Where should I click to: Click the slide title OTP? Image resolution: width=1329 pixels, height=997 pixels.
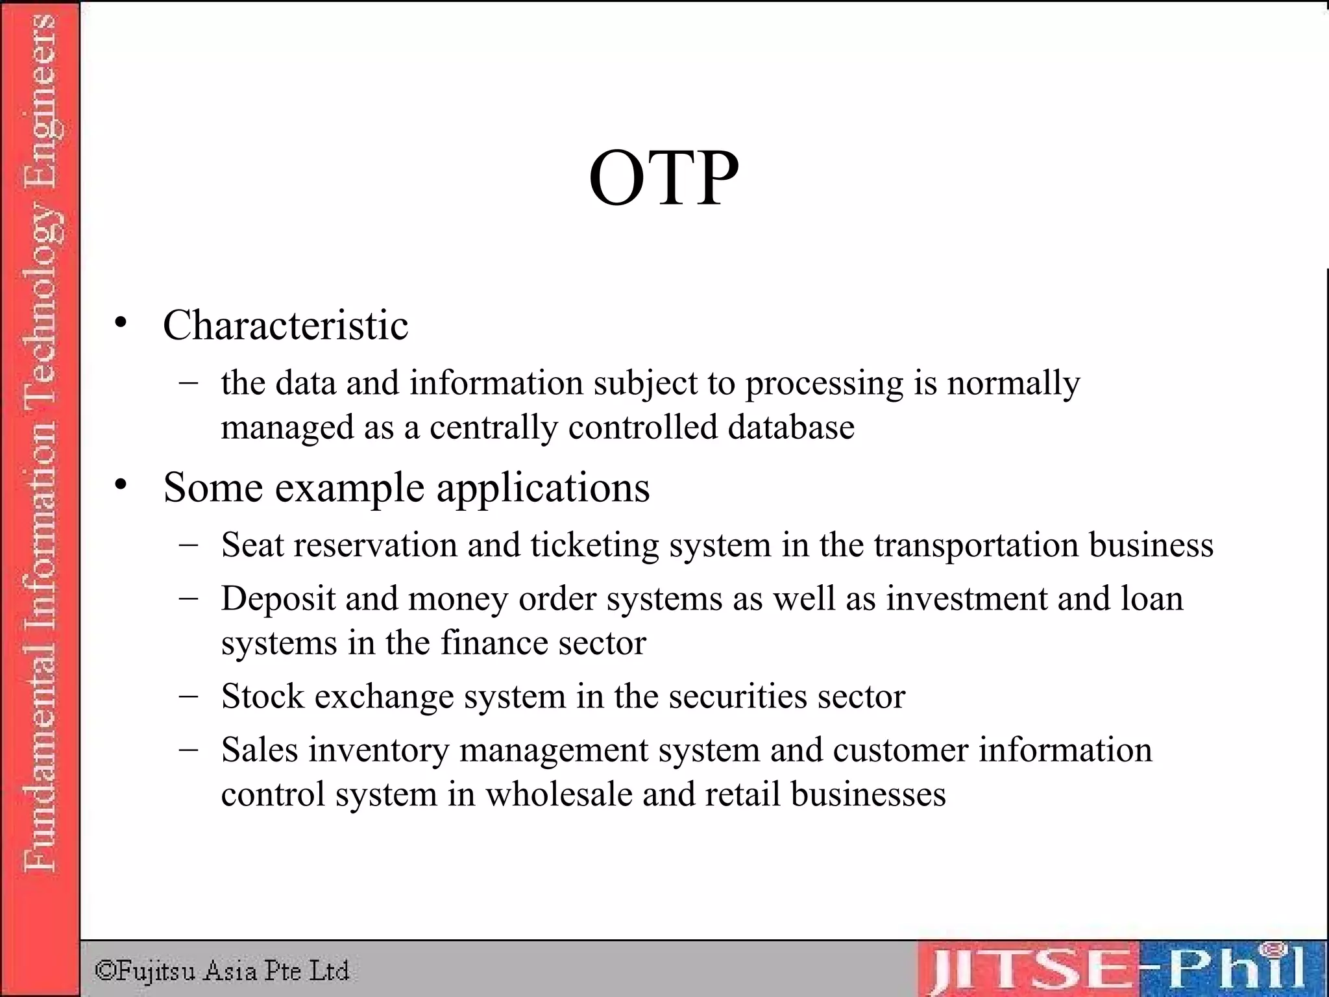(663, 178)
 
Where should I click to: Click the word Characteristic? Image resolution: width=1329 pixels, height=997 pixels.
(286, 325)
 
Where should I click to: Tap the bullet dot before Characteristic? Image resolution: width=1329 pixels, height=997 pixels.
(121, 323)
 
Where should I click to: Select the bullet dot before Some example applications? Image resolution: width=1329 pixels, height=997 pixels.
(121, 485)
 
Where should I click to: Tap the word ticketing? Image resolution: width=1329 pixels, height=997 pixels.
(594, 546)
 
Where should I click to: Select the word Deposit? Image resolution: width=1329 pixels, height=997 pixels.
(278, 599)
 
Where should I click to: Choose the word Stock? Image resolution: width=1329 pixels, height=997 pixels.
(262, 696)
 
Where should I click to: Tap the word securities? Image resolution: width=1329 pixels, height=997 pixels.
(738, 696)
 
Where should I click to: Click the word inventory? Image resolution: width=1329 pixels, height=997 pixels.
(379, 751)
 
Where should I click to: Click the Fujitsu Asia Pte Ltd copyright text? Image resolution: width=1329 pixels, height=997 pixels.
(222, 970)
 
